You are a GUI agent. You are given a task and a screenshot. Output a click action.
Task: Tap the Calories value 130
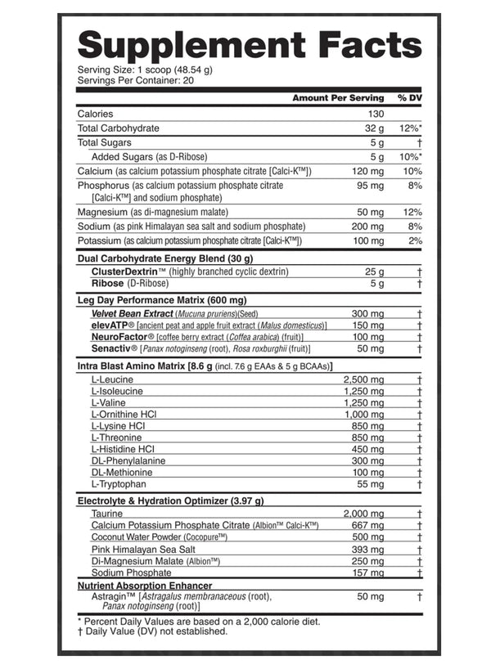tap(376, 114)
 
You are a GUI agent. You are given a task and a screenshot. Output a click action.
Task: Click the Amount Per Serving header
tap(338, 98)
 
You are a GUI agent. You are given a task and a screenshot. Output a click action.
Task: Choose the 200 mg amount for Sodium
tap(368, 226)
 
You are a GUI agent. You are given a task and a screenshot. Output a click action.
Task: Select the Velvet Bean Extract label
tap(132, 313)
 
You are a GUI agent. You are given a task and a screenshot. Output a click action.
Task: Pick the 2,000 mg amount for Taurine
tap(364, 513)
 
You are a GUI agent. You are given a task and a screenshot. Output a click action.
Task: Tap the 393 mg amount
tap(368, 550)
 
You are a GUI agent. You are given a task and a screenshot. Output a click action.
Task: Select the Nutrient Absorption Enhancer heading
tap(144, 586)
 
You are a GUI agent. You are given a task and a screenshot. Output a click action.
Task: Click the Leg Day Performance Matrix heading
tap(156, 300)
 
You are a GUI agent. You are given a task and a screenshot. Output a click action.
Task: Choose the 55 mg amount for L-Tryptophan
tap(371, 484)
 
